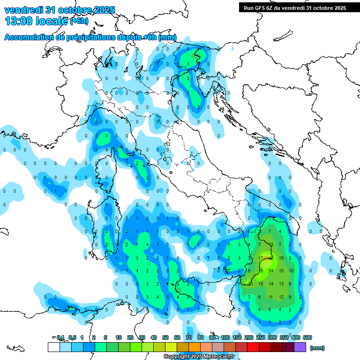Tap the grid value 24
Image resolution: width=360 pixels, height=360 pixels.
271,271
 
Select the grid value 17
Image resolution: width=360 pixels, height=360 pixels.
260,258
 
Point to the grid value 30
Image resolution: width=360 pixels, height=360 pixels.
250,284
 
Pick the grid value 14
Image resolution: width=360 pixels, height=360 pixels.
271,284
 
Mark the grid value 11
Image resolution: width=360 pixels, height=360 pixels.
271,297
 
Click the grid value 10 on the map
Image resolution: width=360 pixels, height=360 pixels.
291,271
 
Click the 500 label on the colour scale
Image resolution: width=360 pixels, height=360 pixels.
307,337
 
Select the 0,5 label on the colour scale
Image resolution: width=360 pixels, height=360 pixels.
72,337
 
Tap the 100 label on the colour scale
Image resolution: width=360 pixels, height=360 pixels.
225,337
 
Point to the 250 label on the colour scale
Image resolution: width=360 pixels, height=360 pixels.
261,337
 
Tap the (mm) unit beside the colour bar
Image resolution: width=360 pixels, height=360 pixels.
317,348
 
